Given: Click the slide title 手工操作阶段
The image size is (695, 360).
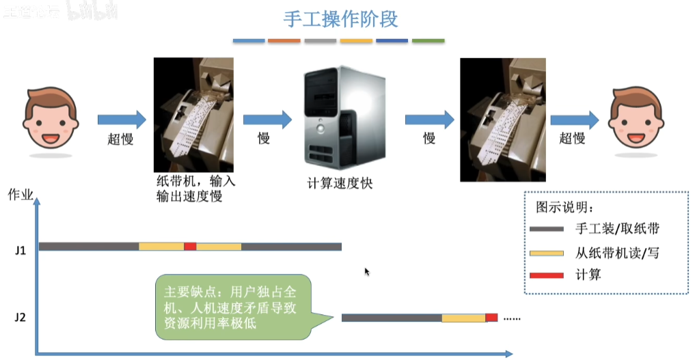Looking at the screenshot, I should (341, 18).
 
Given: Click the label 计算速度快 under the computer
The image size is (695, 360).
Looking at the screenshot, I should (340, 183).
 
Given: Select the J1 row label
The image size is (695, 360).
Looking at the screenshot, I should (21, 251).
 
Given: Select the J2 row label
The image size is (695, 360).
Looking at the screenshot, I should (21, 317).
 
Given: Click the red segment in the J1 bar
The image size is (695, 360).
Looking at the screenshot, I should (190, 247).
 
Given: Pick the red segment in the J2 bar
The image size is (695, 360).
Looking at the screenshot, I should (492, 318).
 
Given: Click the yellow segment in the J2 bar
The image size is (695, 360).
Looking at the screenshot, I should (463, 318).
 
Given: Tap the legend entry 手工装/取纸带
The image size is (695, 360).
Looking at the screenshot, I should (618, 229).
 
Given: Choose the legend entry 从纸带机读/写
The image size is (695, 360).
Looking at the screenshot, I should (617, 253).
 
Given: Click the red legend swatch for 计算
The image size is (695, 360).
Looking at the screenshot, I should (546, 275).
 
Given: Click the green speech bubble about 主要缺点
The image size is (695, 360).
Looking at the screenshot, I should (232, 307).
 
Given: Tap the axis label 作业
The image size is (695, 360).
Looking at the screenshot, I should (21, 194).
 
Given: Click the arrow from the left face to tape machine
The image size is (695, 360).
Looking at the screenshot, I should (122, 120).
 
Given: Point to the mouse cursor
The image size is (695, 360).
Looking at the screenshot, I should (367, 272).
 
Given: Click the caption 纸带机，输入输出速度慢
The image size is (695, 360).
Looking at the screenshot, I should (195, 189).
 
